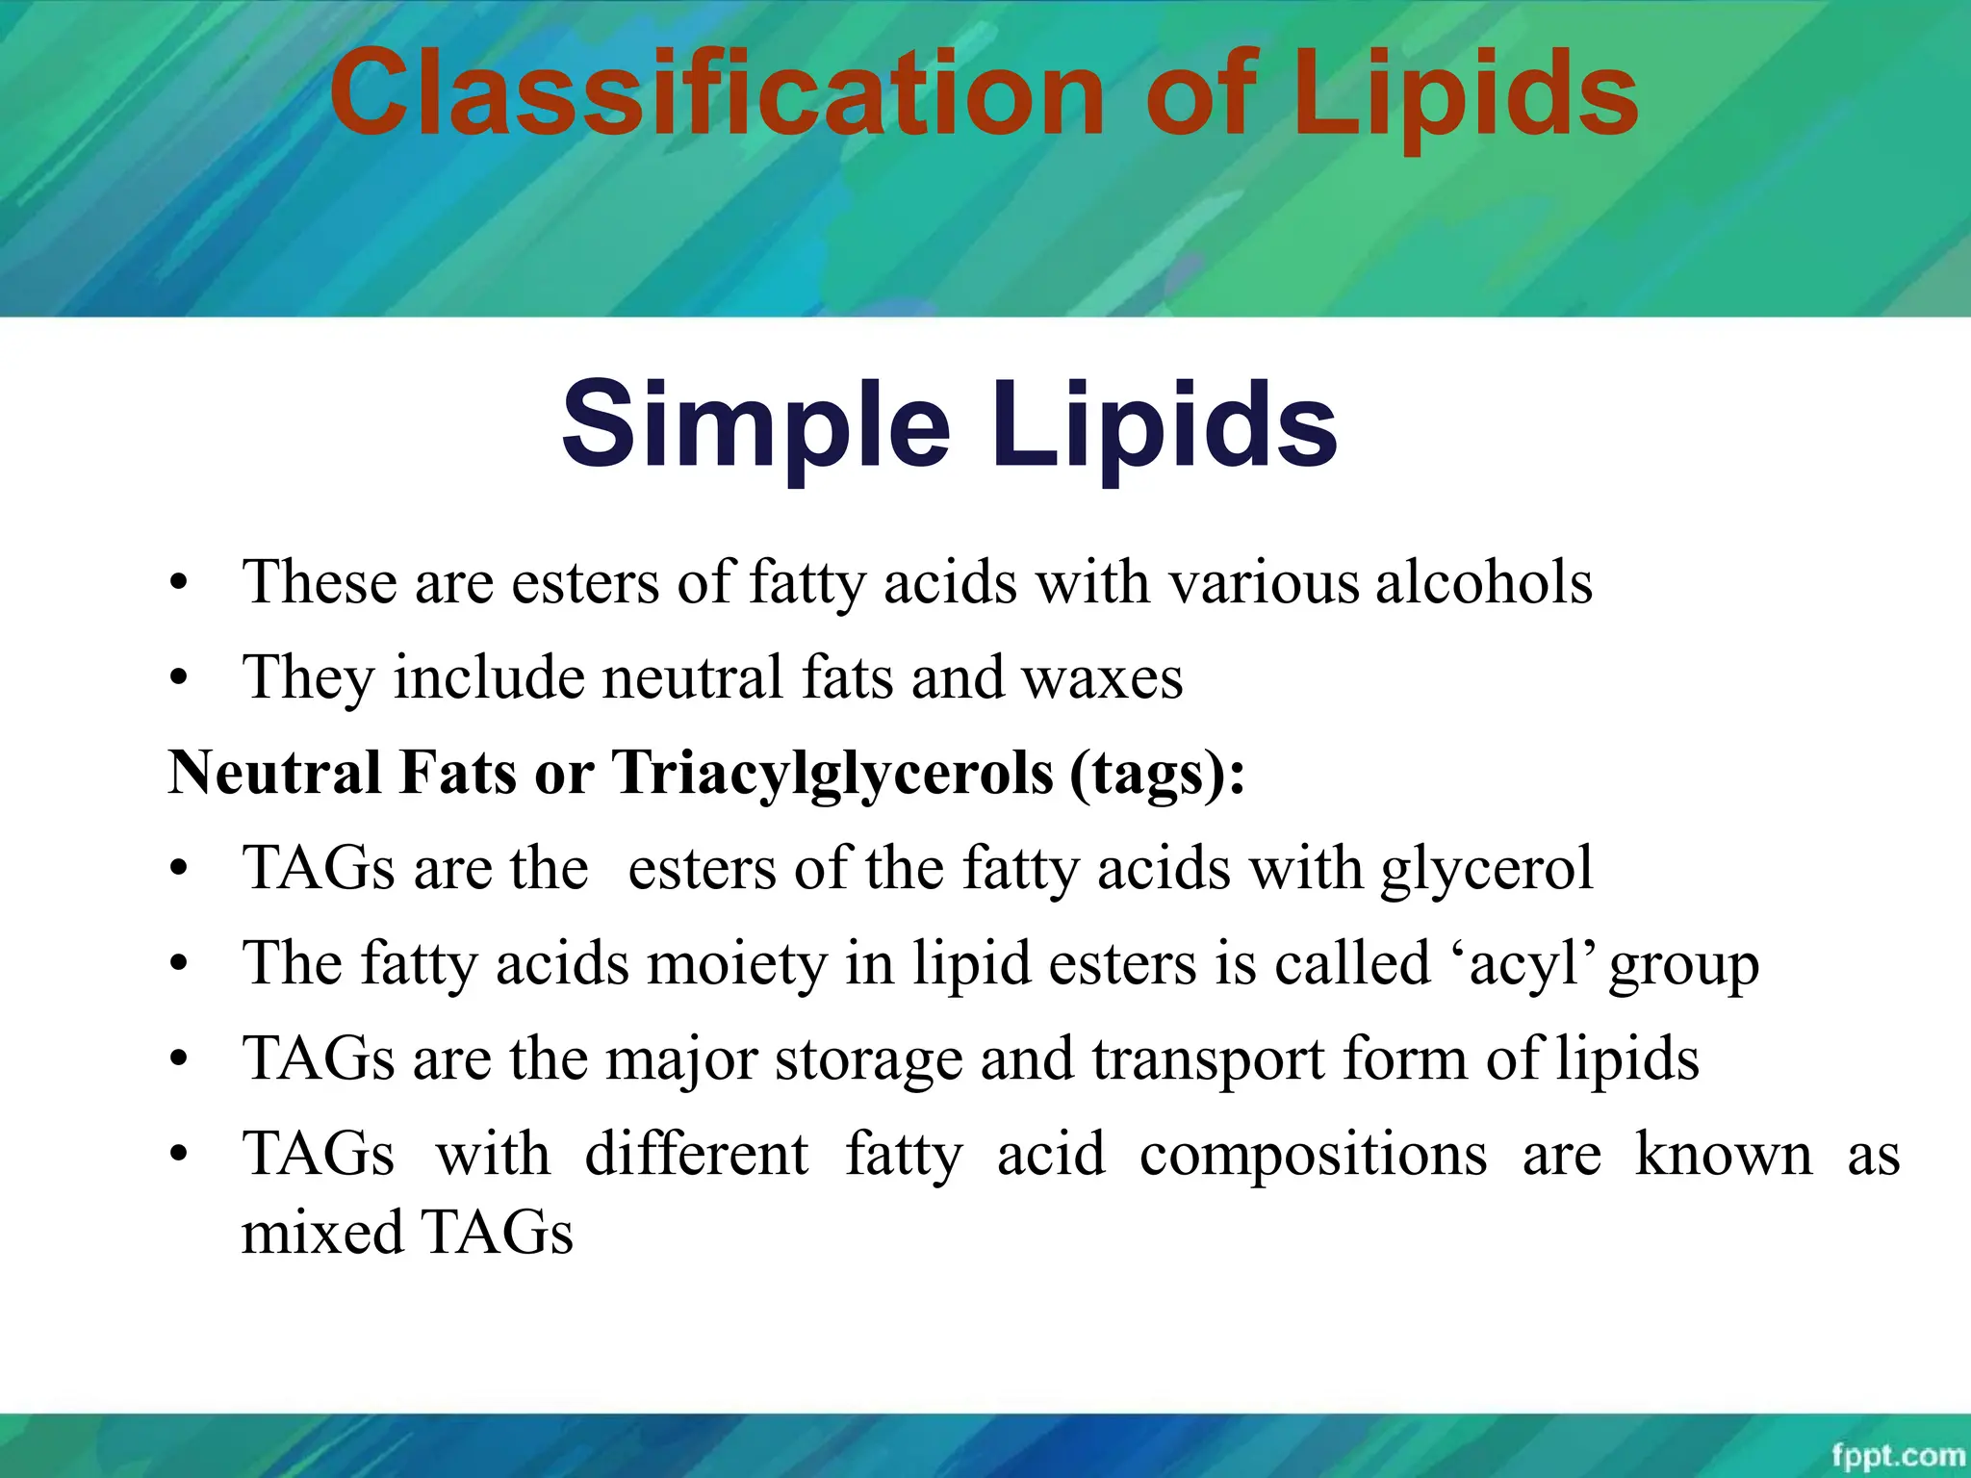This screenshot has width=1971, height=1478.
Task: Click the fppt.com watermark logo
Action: [x=1897, y=1454]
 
